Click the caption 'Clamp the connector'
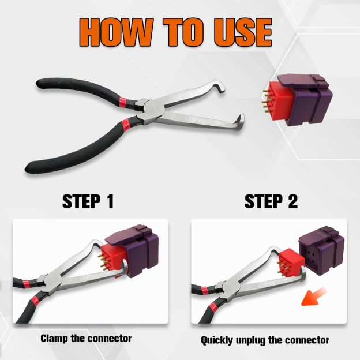coord(86,338)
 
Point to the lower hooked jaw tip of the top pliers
coord(239,123)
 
